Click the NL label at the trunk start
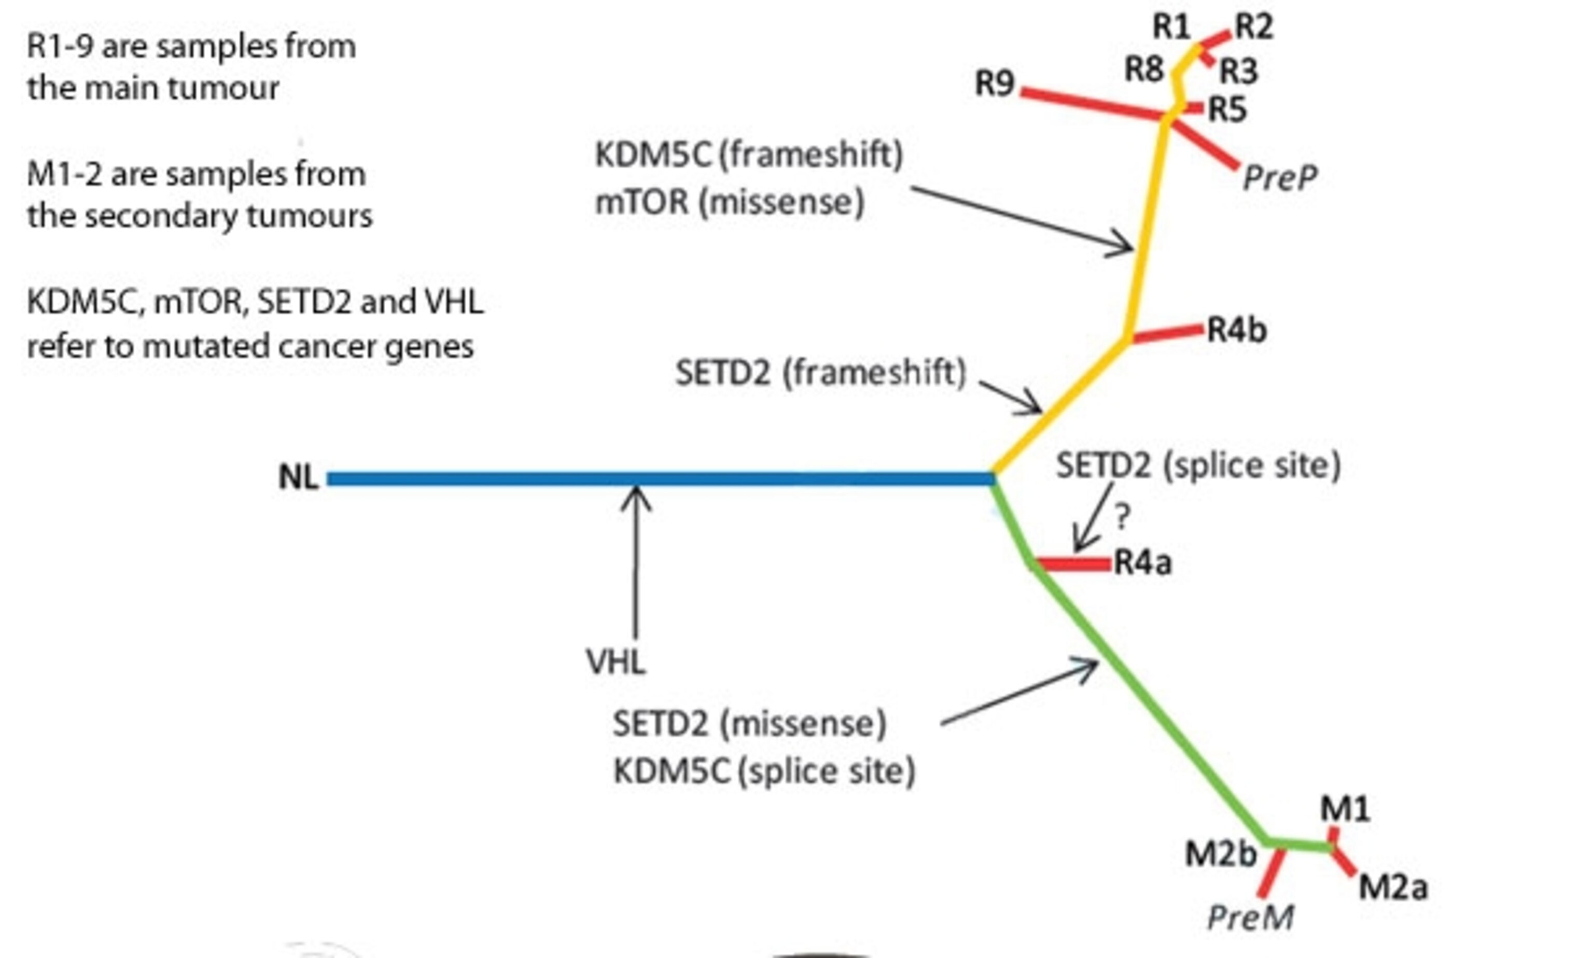(298, 478)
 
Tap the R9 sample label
(995, 84)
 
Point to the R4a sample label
(1142, 563)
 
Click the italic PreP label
(1279, 177)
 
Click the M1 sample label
(1345, 809)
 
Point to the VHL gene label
(616, 661)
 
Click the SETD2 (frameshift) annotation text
(820, 373)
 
